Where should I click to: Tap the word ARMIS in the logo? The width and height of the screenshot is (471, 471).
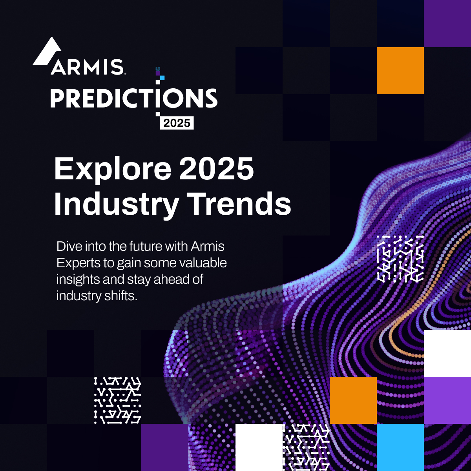tap(87, 67)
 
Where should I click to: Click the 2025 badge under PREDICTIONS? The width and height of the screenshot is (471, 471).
tap(177, 123)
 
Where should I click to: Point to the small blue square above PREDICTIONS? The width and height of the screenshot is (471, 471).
tap(162, 78)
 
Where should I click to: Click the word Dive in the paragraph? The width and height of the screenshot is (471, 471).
tap(69, 246)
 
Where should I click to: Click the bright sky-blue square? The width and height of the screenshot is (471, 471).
tap(400, 447)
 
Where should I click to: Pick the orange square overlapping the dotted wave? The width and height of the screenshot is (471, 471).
tap(353, 400)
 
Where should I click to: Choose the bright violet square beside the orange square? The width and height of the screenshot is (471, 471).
tap(447, 400)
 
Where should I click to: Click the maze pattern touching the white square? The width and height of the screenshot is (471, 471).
tap(306, 447)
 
